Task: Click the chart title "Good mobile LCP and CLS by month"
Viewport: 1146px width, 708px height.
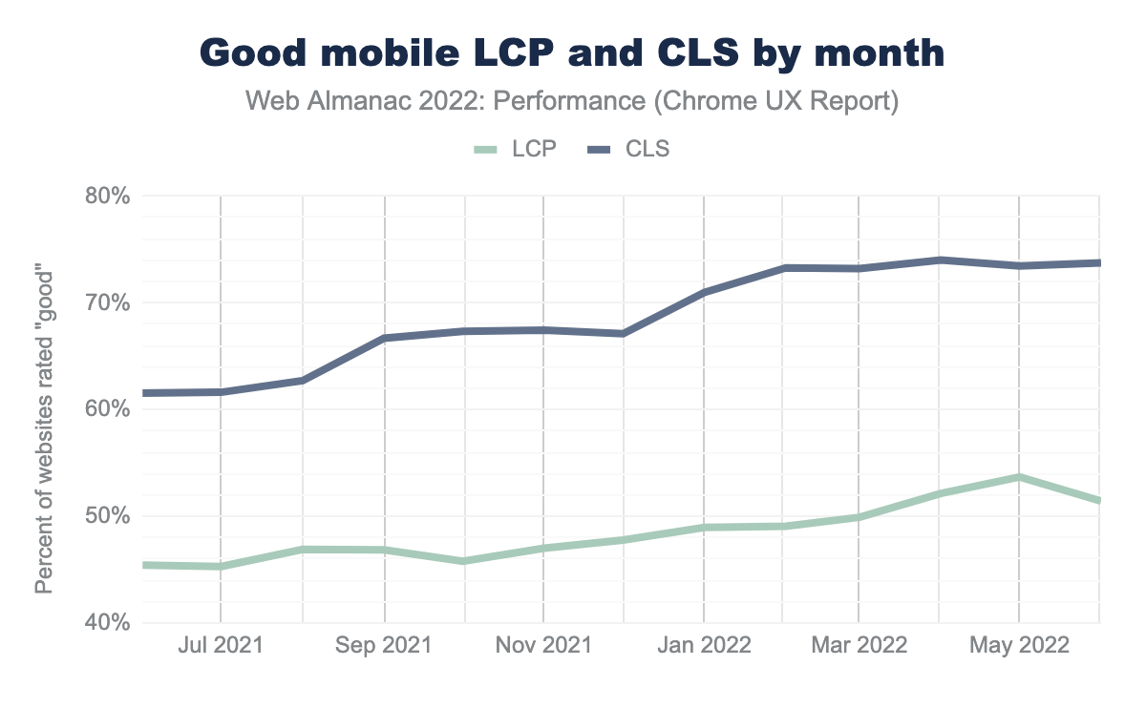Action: pyautogui.click(x=572, y=52)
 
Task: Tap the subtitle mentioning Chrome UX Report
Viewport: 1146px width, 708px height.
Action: pyautogui.click(x=572, y=101)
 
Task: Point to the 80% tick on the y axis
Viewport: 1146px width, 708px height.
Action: pyautogui.click(x=107, y=197)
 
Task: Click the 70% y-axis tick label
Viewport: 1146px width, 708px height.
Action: pyautogui.click(x=107, y=303)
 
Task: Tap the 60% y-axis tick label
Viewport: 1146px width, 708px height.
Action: pyautogui.click(x=107, y=409)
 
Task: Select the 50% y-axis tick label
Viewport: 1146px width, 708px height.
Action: pyautogui.click(x=107, y=516)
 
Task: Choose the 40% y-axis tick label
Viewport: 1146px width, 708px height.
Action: pyautogui.click(x=107, y=623)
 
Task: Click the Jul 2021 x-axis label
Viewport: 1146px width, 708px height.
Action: pyautogui.click(x=221, y=646)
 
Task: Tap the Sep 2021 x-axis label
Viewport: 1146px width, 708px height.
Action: pyautogui.click(x=384, y=646)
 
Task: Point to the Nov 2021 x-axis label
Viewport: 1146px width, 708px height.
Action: pyautogui.click(x=543, y=646)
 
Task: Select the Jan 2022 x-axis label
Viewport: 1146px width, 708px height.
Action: pyautogui.click(x=704, y=646)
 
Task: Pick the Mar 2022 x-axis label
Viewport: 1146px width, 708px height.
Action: pyautogui.click(x=858, y=646)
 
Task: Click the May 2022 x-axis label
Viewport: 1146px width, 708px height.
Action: pyautogui.click(x=1019, y=646)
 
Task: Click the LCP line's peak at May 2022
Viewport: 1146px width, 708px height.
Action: pyautogui.click(x=1019, y=477)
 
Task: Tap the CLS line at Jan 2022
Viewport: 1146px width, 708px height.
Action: pyautogui.click(x=704, y=292)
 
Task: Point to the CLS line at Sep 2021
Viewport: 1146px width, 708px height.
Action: pyautogui.click(x=384, y=338)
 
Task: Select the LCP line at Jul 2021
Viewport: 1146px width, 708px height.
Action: pyautogui.click(x=221, y=566)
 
